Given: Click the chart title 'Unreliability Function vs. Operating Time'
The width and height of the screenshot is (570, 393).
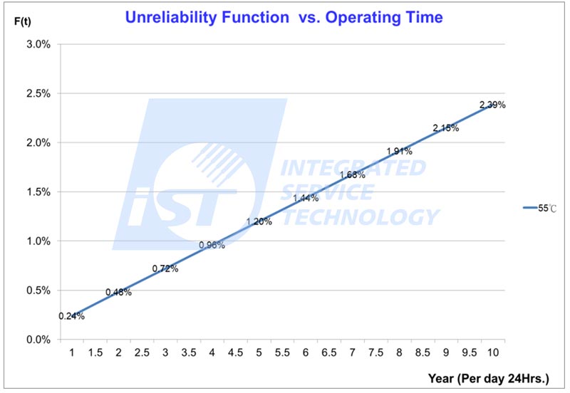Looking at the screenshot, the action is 284,17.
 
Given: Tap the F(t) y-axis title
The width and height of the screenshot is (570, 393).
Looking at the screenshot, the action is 23,21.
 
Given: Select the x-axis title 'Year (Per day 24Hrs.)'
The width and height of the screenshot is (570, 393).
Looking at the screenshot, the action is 489,379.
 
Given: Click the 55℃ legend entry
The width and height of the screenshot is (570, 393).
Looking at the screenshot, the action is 540,208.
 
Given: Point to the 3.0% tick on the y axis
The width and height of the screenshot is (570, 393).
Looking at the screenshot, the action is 38,44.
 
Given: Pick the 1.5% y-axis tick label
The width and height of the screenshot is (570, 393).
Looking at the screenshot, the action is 38,192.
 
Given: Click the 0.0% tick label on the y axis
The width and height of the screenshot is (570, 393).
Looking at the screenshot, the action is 38,340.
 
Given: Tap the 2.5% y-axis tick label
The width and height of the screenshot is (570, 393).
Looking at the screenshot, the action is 38,93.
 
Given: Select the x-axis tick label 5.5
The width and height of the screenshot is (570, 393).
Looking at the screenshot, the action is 282,352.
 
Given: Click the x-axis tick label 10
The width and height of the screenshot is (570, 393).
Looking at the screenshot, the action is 493,352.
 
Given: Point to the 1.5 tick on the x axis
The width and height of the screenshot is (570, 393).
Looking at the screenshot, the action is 95,352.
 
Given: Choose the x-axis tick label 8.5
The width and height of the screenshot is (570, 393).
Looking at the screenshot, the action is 423,352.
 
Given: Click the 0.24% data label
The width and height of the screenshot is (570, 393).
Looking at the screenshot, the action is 72,316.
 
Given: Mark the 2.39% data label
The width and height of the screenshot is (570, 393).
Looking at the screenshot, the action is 492,105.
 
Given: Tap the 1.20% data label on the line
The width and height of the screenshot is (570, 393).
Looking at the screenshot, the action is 259,221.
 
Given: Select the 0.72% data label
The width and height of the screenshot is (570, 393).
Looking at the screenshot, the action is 165,269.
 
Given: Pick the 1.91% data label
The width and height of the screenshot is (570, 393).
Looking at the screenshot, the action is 399,152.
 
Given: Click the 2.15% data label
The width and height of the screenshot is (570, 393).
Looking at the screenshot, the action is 446,128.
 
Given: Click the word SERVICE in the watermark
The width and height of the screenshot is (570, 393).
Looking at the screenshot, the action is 328,192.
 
